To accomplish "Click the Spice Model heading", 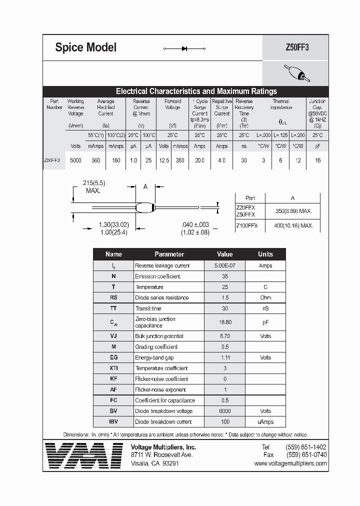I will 85,47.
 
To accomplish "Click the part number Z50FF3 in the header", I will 297,48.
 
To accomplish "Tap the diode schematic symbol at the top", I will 184,48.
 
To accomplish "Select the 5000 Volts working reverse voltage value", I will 75,160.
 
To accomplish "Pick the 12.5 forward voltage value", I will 163,160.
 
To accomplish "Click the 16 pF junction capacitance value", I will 317,160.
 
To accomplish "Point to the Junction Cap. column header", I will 317,110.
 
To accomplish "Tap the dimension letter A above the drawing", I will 145,186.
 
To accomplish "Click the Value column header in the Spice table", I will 225,254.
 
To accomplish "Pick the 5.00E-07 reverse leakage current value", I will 225,265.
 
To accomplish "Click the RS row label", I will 113,297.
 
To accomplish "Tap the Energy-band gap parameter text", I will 154,357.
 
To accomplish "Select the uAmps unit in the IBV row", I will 265,422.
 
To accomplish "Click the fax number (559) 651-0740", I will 306,455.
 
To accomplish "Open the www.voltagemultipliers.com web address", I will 290,463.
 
